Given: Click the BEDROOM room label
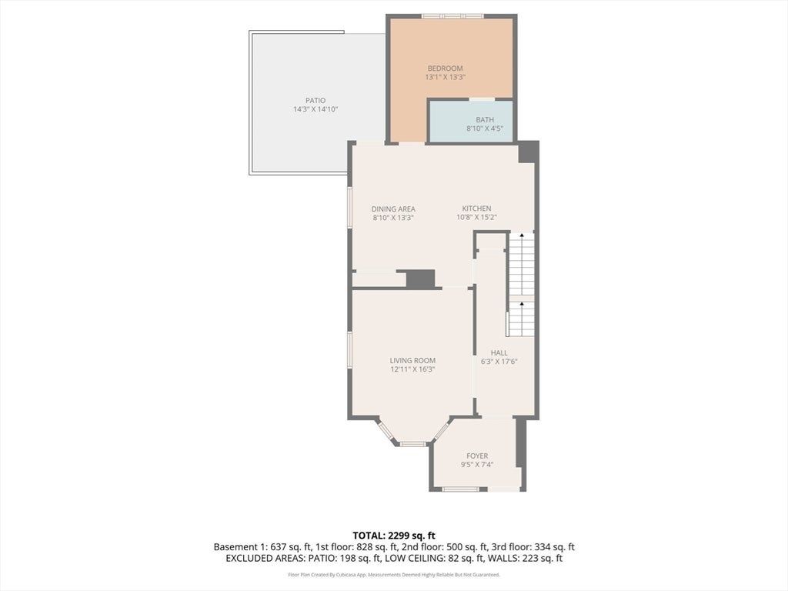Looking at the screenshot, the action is click(x=445, y=68).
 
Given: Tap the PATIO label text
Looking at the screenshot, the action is click(x=316, y=101).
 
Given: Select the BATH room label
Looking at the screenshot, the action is click(x=485, y=119).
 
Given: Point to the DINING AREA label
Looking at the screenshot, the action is click(x=393, y=209).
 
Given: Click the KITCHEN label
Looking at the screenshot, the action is click(x=477, y=208).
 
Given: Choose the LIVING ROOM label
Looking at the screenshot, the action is click(x=412, y=360).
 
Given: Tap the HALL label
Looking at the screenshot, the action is click(x=499, y=352).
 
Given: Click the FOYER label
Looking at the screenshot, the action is click(x=477, y=456).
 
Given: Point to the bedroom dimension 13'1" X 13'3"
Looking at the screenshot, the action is click(x=446, y=78).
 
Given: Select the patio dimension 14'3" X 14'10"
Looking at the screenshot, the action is click(x=316, y=109).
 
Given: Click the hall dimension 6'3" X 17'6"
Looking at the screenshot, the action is click(x=499, y=362).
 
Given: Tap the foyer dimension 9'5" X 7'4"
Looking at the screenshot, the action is click(x=477, y=464).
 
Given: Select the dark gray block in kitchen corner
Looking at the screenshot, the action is click(x=528, y=152).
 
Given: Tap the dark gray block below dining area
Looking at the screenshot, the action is click(x=420, y=279).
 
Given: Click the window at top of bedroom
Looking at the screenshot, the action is click(x=452, y=16).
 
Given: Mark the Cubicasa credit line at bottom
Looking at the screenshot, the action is click(x=394, y=574).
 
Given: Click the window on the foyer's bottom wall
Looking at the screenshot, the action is click(x=462, y=489).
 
